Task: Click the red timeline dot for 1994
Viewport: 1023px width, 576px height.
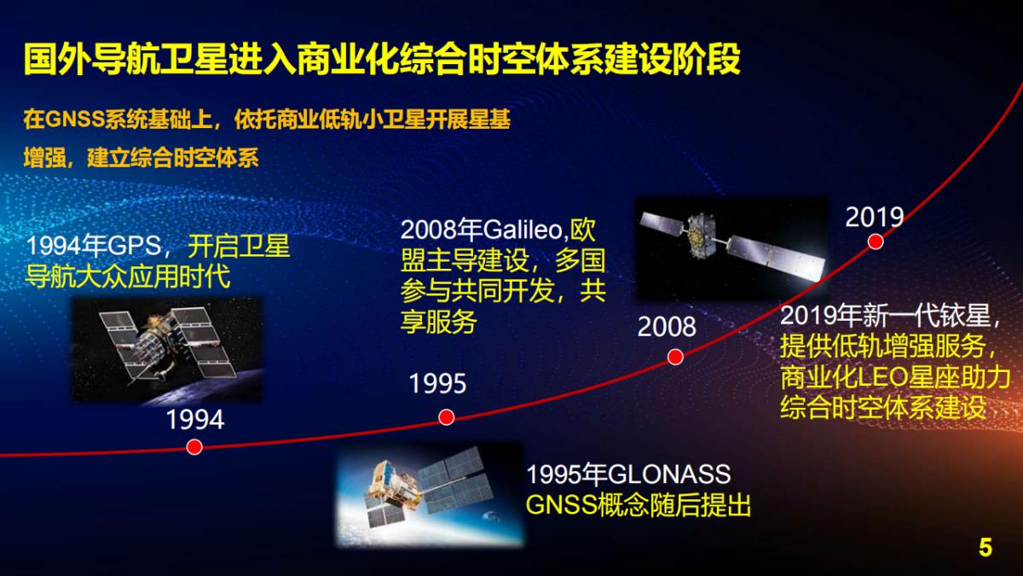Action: tap(194, 447)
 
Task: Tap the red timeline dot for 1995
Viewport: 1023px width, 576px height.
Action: tap(446, 416)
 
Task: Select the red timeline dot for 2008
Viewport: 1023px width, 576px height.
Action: tap(674, 356)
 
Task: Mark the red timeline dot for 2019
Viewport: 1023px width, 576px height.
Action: tap(875, 242)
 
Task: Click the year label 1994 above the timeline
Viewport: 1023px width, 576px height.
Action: tap(194, 420)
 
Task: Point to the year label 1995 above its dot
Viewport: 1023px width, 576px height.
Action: tap(438, 384)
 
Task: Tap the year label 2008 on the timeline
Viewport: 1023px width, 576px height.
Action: tap(667, 326)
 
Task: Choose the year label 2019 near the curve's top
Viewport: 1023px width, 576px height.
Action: tap(874, 217)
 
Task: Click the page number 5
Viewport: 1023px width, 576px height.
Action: tap(985, 547)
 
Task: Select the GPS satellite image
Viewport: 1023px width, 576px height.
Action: tap(167, 349)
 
